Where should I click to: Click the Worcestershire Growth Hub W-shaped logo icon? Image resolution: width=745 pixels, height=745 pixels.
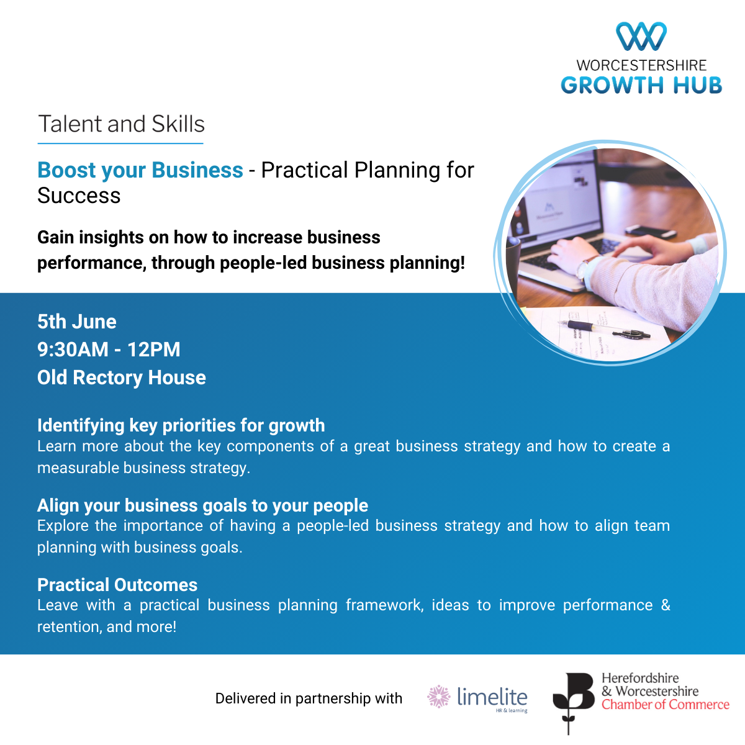641,36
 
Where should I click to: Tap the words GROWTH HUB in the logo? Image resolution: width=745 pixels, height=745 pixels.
641,85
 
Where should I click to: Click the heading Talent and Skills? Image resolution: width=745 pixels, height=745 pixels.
121,124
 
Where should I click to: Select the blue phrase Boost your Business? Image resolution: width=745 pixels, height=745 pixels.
140,170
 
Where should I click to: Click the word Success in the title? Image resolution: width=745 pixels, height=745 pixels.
79,195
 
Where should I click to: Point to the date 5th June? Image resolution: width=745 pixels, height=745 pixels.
76,322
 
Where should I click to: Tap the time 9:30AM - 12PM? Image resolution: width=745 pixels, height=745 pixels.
109,350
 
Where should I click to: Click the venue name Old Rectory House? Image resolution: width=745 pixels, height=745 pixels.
122,377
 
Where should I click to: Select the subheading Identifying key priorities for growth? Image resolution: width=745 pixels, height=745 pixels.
181,425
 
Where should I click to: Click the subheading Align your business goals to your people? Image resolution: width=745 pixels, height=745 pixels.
202,505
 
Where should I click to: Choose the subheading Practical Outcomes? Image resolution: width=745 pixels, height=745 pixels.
117,585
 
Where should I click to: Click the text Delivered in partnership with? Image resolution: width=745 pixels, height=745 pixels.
309,698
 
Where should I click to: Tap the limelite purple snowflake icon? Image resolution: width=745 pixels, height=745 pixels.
439,697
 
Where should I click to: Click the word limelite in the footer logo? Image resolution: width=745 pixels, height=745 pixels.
492,697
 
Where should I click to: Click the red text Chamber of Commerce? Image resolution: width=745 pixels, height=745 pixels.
666,705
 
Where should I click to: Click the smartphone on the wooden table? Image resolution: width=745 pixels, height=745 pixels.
651,231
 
